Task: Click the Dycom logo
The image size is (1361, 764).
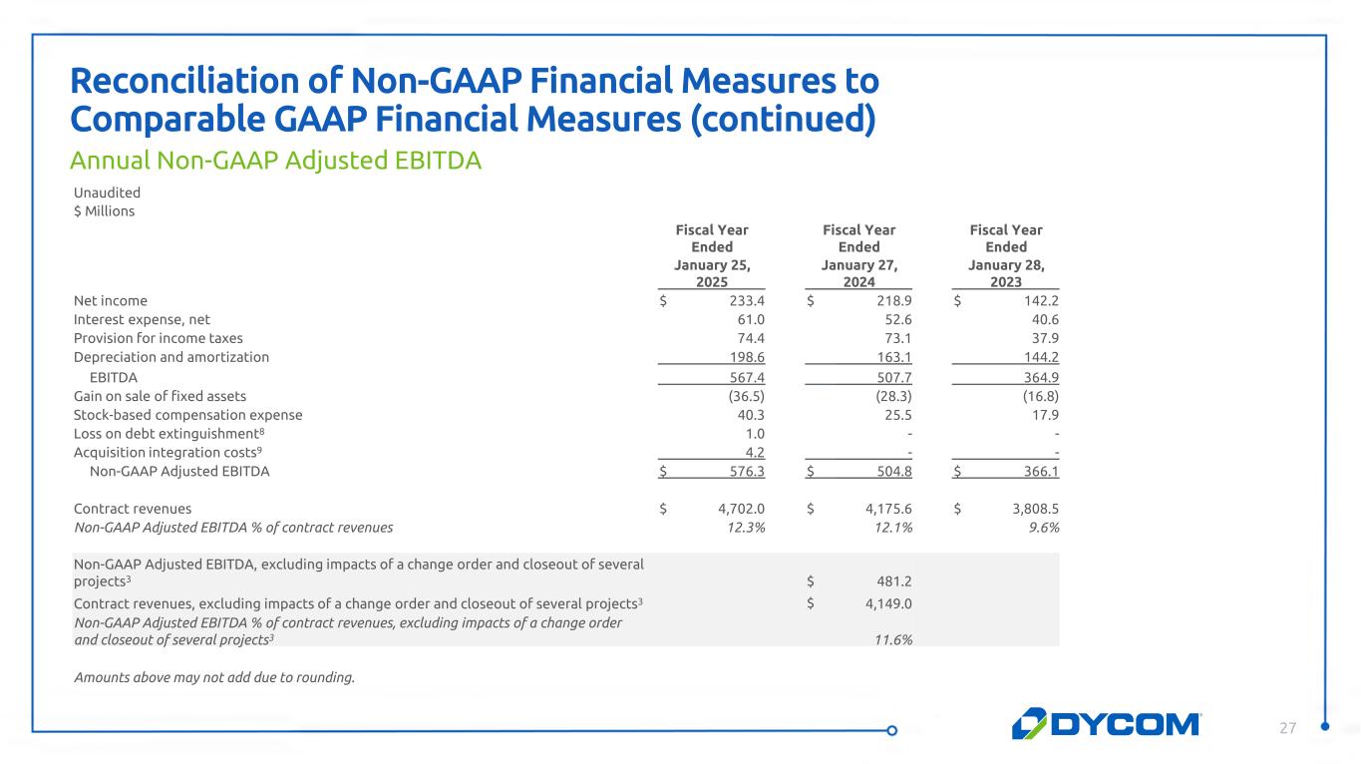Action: tap(1107, 723)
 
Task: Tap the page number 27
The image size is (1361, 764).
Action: tap(1288, 728)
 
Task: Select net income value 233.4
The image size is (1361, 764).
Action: tap(746, 300)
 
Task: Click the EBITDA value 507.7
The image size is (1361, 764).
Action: tap(893, 377)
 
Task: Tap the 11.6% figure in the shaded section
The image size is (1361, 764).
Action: tap(892, 639)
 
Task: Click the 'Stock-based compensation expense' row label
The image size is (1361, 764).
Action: tap(187, 415)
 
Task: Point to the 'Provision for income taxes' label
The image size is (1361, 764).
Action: tap(158, 338)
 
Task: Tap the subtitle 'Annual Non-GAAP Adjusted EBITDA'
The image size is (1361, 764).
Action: tap(275, 160)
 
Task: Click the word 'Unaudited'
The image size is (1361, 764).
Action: tap(107, 192)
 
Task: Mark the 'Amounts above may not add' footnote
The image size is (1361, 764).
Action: tap(213, 677)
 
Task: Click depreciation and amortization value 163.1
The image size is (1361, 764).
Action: tap(893, 356)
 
